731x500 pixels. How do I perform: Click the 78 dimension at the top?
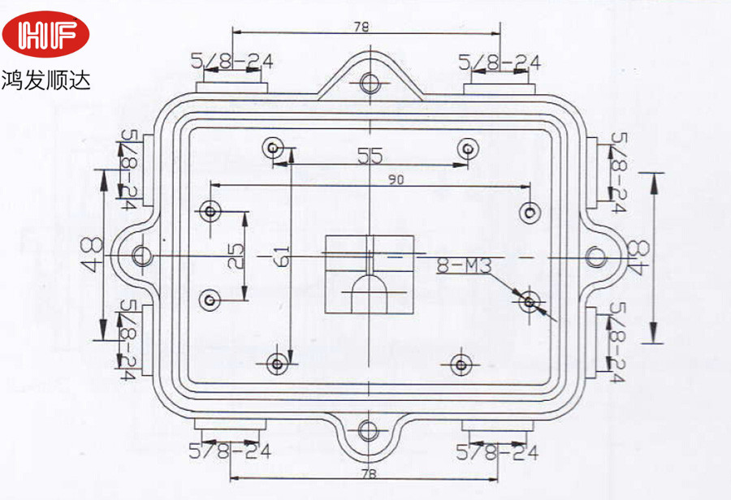pos(362,26)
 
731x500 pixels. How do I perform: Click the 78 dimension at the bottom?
pos(368,474)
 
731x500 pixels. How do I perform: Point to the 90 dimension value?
pos(396,180)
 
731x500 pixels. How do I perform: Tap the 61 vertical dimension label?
pos(282,256)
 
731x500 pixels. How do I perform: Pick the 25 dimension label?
pos(236,256)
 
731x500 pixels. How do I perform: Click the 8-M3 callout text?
pos(461,265)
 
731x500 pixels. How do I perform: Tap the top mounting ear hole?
pos(370,82)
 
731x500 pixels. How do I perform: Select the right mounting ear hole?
pos(596,256)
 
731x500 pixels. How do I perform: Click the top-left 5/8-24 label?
pos(231,61)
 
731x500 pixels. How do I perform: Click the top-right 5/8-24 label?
pos(500,62)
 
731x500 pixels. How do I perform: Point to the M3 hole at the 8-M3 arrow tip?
pos(530,302)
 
